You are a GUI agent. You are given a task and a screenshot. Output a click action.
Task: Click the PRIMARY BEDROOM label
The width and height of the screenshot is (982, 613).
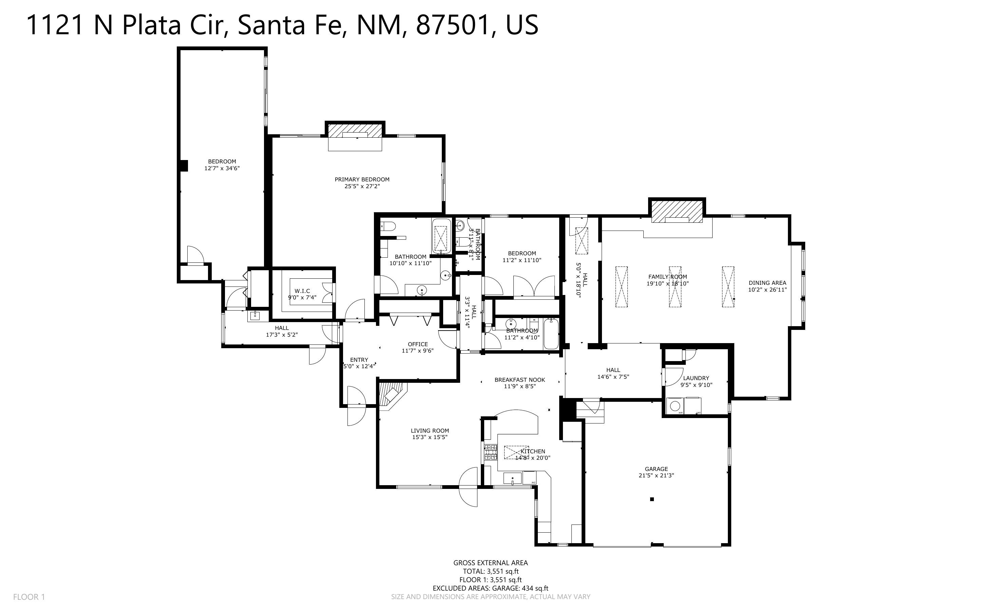pyautogui.click(x=362, y=179)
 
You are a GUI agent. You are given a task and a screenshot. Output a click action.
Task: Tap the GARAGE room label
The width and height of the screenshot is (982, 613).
pyautogui.click(x=656, y=469)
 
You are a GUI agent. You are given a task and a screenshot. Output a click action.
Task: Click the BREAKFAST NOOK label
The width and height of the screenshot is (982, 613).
pyautogui.click(x=520, y=380)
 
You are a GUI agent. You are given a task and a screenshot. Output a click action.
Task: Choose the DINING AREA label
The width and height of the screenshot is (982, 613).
pyautogui.click(x=767, y=283)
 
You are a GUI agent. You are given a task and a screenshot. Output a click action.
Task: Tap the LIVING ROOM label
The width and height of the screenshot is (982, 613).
pyautogui.click(x=430, y=431)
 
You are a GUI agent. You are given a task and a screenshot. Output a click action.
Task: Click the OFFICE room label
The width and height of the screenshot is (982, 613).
pyautogui.click(x=418, y=344)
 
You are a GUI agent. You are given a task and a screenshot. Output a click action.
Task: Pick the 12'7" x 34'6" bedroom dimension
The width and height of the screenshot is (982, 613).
pyautogui.click(x=222, y=168)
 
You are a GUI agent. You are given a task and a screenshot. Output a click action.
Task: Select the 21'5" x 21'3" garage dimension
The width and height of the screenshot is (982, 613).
pyautogui.click(x=656, y=476)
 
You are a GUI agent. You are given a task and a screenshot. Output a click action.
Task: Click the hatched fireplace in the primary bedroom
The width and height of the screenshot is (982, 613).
pyautogui.click(x=355, y=130)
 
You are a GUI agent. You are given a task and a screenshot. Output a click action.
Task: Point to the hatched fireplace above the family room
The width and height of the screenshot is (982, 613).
pyautogui.click(x=677, y=212)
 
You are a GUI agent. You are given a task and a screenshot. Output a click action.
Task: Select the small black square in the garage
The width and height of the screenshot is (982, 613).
pyautogui.click(x=652, y=499)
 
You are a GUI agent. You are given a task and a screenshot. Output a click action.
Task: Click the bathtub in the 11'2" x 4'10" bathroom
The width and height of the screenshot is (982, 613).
pyautogui.click(x=551, y=334)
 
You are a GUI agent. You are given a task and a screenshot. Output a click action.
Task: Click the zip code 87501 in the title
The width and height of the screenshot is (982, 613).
pyautogui.click(x=451, y=25)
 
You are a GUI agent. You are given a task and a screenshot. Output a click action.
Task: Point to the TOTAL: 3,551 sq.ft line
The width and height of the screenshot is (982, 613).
pyautogui.click(x=490, y=571)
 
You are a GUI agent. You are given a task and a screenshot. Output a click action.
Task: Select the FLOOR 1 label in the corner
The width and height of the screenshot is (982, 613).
pyautogui.click(x=29, y=597)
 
